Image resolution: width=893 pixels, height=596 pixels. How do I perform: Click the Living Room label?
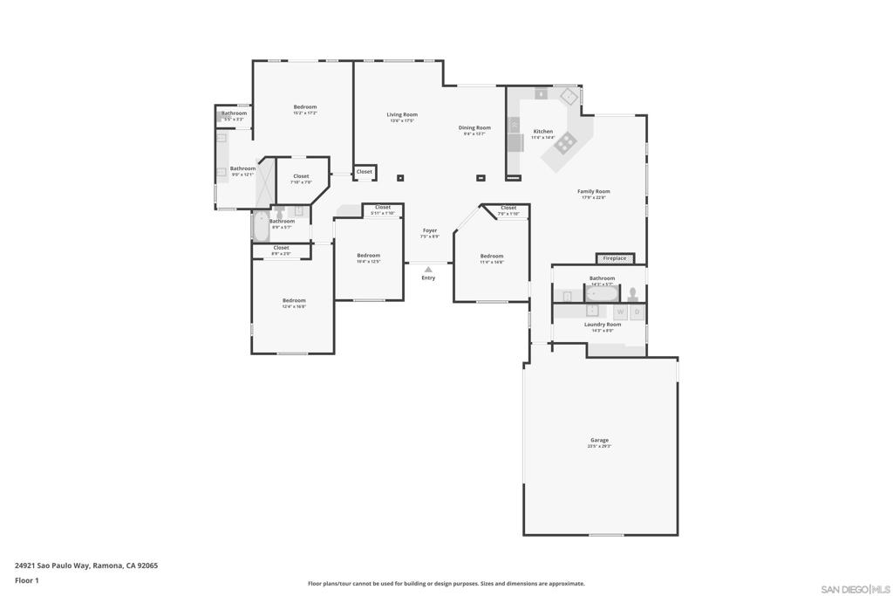(402, 114)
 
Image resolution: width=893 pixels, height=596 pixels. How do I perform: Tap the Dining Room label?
(475, 127)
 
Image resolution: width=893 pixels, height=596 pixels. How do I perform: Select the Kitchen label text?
(542, 132)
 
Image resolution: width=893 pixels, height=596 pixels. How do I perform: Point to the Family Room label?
(594, 191)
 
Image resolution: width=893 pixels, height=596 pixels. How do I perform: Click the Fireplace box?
(615, 258)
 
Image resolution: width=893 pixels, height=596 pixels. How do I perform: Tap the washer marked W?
(621, 312)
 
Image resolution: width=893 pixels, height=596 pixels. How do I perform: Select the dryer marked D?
(637, 312)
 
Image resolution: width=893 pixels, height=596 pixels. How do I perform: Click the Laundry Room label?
(603, 325)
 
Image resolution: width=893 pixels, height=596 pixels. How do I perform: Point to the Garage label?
(599, 441)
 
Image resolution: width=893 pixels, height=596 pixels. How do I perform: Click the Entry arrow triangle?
(428, 270)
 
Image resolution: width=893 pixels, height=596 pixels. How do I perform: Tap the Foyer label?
(430, 230)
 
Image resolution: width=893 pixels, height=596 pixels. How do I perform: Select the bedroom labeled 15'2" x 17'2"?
(304, 107)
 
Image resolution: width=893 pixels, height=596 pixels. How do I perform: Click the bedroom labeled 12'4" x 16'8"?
(294, 301)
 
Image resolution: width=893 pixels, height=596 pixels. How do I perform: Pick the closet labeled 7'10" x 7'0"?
(301, 176)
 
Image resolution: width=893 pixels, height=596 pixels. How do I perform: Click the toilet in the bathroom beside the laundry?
(633, 294)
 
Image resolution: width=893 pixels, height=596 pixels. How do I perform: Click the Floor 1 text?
(27, 580)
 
